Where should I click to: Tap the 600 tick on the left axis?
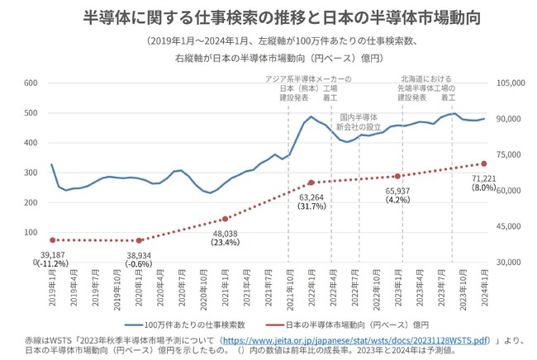(30, 83)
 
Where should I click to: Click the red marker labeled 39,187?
(52, 239)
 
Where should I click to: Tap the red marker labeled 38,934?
(139, 240)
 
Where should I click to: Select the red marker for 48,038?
(225, 219)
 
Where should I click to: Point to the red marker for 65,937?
(398, 176)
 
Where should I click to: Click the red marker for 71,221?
(484, 163)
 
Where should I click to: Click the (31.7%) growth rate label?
(311, 206)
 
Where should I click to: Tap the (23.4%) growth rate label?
(224, 243)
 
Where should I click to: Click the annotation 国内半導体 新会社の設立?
(359, 122)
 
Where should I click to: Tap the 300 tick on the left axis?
(30, 173)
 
